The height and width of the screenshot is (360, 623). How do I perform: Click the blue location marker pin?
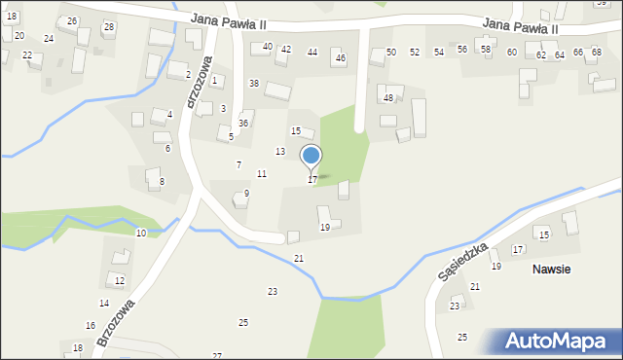[311, 158]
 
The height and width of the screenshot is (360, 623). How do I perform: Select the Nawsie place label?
[551, 269]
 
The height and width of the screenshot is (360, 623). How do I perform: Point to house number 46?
[340, 58]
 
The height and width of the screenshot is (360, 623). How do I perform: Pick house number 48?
[388, 98]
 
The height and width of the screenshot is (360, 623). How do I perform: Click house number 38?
[254, 84]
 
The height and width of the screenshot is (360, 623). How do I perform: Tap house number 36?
[243, 124]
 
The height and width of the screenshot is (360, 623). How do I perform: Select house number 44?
[312, 52]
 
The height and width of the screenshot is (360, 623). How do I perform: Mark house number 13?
[280, 152]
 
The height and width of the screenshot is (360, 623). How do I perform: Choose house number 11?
[262, 173]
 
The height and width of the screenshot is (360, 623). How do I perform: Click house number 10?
[141, 234]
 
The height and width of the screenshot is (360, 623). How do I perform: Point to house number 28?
[108, 26]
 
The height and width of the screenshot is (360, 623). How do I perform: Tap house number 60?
[512, 52]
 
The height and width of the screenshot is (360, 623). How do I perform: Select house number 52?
[415, 52]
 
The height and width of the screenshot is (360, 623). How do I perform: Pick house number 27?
[217, 356]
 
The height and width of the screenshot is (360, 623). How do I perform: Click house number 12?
[120, 281]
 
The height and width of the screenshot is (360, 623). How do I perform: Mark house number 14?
[104, 304]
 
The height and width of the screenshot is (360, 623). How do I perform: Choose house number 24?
[49, 39]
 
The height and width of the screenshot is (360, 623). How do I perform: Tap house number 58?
[486, 49]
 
